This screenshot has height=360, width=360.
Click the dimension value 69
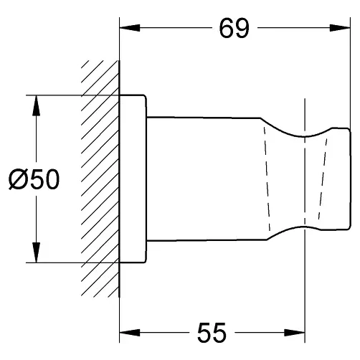[x=234, y=29]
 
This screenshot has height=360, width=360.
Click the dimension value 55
[x=212, y=333]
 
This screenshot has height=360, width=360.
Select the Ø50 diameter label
[x=34, y=179]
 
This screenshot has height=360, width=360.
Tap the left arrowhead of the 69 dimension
[x=129, y=28]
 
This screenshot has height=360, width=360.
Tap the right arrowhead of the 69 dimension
[x=340, y=28]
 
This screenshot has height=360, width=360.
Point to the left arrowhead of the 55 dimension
[x=129, y=332]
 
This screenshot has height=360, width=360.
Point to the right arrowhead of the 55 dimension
[x=295, y=332]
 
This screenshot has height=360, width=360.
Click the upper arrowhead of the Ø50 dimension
[x=36, y=105]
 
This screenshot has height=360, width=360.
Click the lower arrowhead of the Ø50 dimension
[x=36, y=252]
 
